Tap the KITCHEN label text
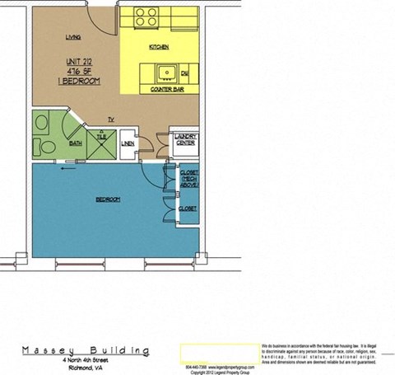pos(159,48)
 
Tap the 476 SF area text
pos(81,72)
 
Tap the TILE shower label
pos(100,138)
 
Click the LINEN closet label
pos(128,144)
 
